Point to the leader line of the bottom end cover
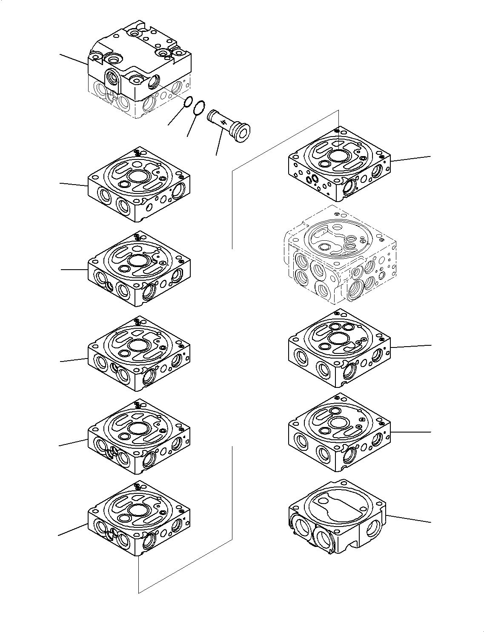coord(409,519)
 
